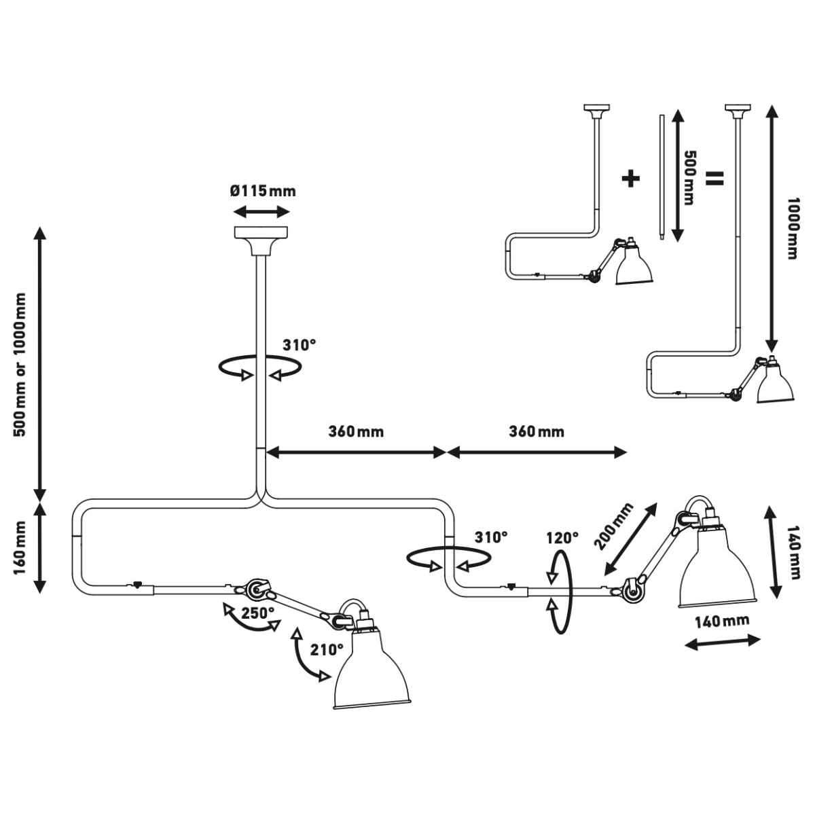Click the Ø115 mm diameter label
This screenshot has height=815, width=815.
click(263, 191)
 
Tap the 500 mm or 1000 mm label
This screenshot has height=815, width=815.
click(20, 364)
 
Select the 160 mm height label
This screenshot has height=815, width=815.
click(20, 547)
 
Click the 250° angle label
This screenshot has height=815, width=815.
click(258, 612)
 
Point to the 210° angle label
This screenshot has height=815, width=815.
click(327, 649)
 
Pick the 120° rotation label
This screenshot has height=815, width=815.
click(562, 538)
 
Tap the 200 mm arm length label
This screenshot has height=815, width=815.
click(614, 526)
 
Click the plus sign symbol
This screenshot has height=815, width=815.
click(630, 179)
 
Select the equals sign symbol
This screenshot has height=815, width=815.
click(714, 179)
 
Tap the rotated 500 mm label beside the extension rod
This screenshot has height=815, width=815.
click(689, 178)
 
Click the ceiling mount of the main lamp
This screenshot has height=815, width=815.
click(262, 241)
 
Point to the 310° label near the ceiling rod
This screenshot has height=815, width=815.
click(299, 345)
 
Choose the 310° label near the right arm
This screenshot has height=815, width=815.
click(490, 537)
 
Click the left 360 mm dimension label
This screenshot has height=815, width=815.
click(356, 432)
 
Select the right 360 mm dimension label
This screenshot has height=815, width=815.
click(537, 432)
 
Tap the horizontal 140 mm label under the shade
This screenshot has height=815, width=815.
click(722, 621)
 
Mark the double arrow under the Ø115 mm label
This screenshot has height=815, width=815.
click(262, 211)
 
